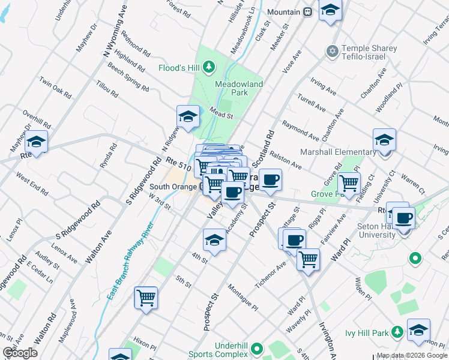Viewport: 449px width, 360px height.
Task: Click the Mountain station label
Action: click(283, 12)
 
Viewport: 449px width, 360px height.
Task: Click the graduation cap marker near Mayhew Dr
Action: click(37, 142)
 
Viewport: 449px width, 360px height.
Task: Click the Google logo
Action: click(20, 353)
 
